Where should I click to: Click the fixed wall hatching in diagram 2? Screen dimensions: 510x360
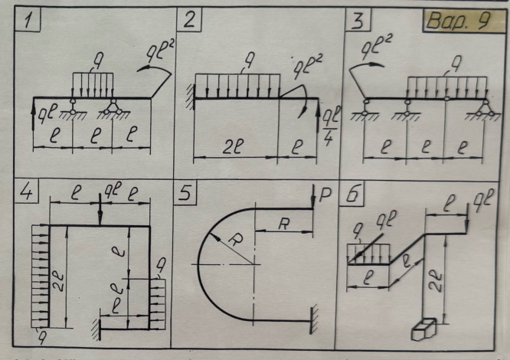click(188, 95)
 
